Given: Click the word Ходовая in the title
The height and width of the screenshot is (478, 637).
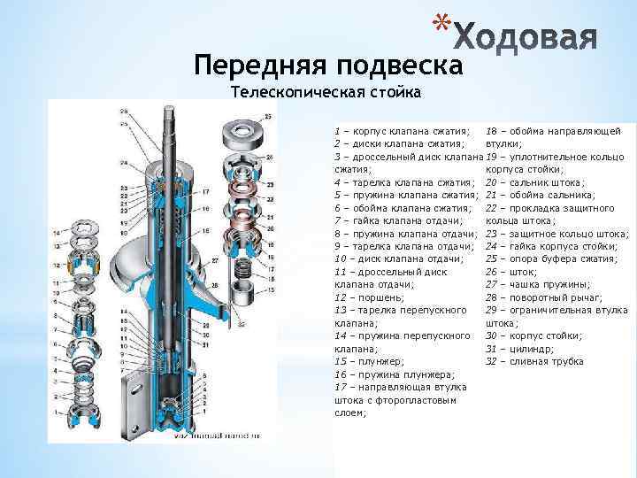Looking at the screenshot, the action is click(x=528, y=36).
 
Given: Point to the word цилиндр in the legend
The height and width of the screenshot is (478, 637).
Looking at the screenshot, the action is click(x=531, y=349).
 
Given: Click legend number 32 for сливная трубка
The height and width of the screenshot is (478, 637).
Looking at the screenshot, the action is click(x=493, y=361).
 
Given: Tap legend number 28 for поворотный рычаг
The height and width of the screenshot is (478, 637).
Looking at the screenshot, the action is click(x=493, y=297).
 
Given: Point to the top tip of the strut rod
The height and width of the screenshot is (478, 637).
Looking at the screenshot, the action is click(x=167, y=108).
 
